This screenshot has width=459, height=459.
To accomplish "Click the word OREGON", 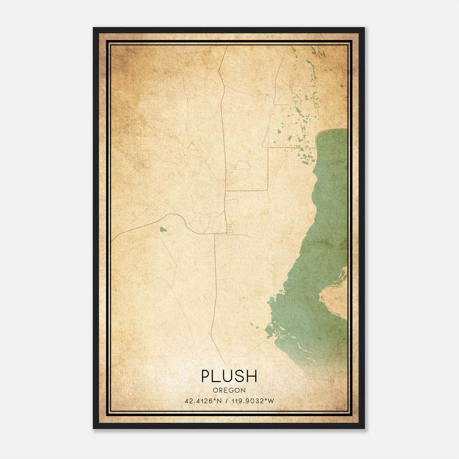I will [229, 390].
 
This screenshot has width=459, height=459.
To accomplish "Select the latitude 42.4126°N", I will [203, 401].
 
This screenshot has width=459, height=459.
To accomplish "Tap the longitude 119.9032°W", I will [254, 401].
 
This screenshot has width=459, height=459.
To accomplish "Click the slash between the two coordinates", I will [227, 401].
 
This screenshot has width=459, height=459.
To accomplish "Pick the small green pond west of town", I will [163, 229].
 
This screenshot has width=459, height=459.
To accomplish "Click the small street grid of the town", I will [230, 229].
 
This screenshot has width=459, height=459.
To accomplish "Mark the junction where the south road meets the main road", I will [215, 234].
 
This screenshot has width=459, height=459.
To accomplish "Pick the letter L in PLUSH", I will [217, 376].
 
